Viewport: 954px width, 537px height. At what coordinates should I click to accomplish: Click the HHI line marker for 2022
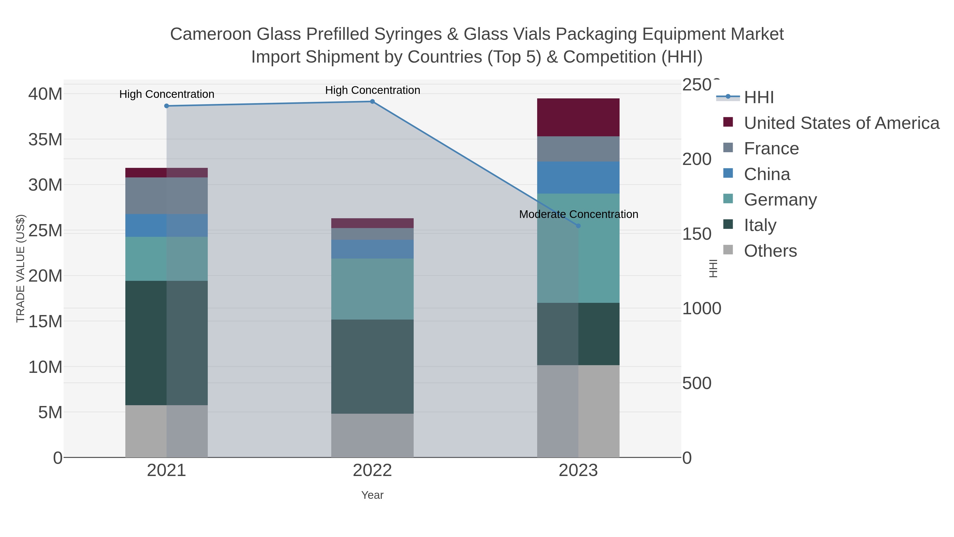click(372, 102)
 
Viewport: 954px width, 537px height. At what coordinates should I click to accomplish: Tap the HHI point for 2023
click(578, 226)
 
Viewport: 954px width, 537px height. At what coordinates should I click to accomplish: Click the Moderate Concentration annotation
click(578, 214)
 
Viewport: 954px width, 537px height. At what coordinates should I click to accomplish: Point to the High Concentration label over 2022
click(372, 90)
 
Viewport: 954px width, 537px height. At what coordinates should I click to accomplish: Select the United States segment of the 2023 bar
click(578, 117)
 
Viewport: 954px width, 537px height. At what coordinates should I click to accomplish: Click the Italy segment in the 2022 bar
click(372, 366)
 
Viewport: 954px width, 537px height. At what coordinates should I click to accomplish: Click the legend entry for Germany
click(780, 200)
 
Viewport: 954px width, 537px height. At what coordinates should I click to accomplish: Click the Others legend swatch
click(728, 250)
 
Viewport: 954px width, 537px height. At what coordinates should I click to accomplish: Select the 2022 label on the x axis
click(372, 471)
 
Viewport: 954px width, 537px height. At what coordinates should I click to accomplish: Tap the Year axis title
click(372, 495)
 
